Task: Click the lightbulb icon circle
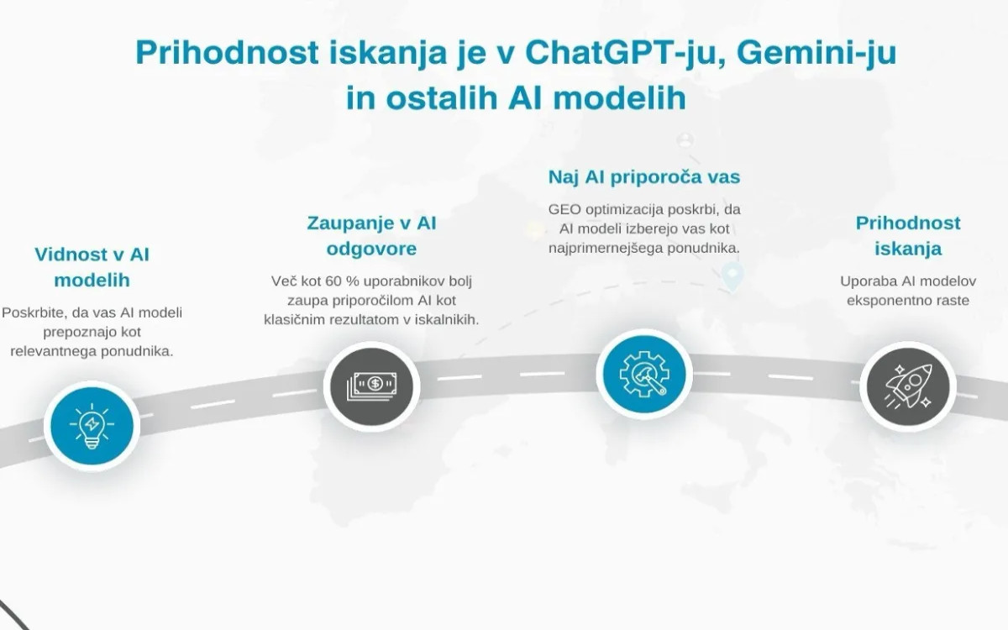[92, 425]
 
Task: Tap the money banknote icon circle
[371, 386]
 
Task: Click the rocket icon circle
[908, 387]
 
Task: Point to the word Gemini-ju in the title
[807, 54]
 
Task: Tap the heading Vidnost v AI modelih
[92, 266]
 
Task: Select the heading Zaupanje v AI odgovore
[371, 236]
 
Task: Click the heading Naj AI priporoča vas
[643, 177]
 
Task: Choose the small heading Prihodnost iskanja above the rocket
[908, 236]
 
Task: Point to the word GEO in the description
[566, 209]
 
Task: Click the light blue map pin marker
[733, 274]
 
